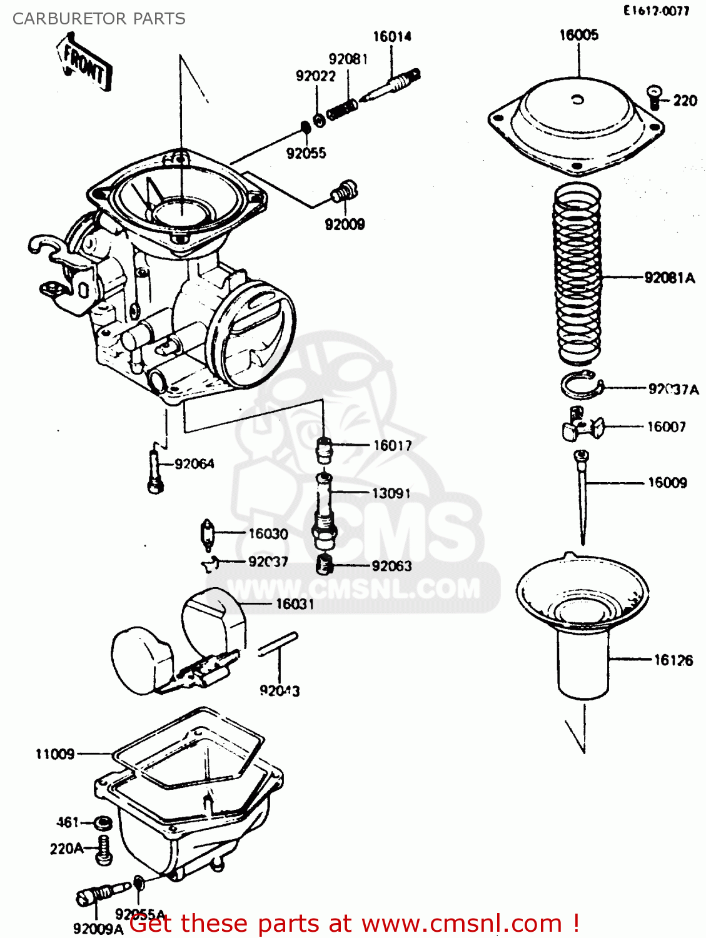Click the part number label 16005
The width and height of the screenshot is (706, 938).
pyautogui.click(x=578, y=35)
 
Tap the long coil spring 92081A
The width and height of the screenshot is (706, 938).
pyautogui.click(x=577, y=275)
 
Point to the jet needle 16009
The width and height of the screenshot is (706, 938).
pyautogui.click(x=582, y=494)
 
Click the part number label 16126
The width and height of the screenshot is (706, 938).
pyautogui.click(x=673, y=660)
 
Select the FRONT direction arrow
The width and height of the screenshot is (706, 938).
pyautogui.click(x=86, y=64)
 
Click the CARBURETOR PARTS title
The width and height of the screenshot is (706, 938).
pyautogui.click(x=99, y=19)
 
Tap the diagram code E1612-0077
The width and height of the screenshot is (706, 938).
pyautogui.click(x=656, y=11)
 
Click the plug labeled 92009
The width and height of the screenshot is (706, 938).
pyautogui.click(x=343, y=191)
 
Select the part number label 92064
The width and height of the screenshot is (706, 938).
pyautogui.click(x=194, y=464)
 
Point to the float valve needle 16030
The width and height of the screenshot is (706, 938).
pyautogui.click(x=208, y=535)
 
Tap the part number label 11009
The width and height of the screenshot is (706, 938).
pyautogui.click(x=55, y=754)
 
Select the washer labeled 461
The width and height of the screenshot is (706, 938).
pyautogui.click(x=102, y=822)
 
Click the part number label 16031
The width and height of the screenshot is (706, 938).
pyautogui.click(x=295, y=604)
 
